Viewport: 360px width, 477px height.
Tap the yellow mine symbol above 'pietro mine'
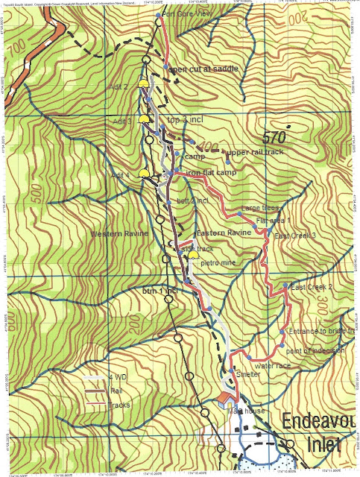pos(194,255)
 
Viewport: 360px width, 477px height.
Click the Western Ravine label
pos(117,234)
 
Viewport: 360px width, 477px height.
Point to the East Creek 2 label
pos(312,286)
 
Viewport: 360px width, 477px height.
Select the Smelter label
pos(247,375)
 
